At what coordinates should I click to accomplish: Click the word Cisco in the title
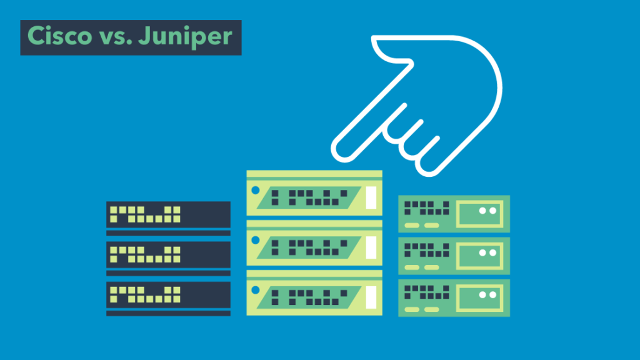tap(57, 37)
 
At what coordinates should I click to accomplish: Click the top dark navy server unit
tap(168, 215)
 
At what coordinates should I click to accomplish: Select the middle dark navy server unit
tap(168, 254)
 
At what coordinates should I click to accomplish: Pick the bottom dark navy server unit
tap(168, 294)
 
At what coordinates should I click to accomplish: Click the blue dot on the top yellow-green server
tap(255, 190)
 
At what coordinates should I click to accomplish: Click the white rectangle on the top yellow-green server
tap(371, 197)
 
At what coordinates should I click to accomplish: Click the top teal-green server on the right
tap(454, 214)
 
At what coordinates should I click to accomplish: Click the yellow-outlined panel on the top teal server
tap(480, 213)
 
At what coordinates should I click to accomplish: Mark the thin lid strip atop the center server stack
tap(314, 174)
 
